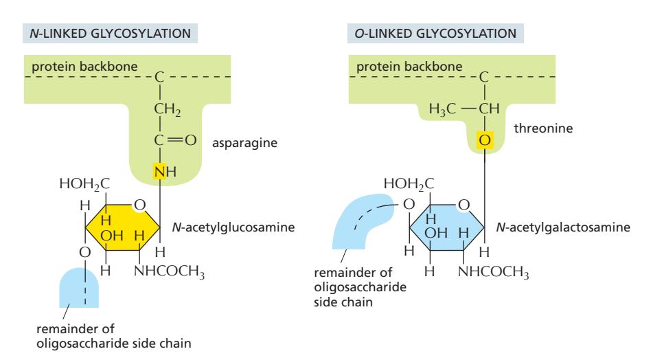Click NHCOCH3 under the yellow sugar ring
pos(170,271)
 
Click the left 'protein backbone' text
pos(71,67)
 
